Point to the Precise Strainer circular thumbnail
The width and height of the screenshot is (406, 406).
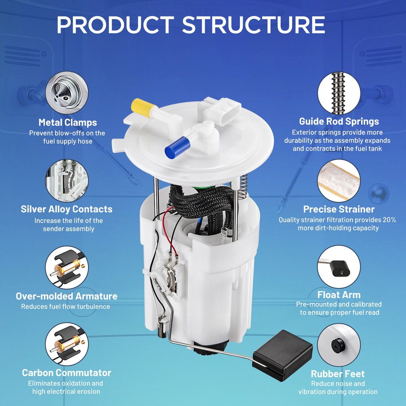339,180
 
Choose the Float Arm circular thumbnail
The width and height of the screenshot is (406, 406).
339,267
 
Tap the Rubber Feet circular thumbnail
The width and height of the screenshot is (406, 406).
339,345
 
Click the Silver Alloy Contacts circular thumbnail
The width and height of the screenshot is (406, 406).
67,180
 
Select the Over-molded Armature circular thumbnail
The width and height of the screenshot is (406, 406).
67,267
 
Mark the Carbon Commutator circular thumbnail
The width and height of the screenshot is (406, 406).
67,345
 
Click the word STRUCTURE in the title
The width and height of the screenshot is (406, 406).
253,25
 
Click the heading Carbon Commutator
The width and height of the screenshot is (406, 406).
67,373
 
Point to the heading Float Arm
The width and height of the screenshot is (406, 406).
339,294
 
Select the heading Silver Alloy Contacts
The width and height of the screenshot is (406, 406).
67,209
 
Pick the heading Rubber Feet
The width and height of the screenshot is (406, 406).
337,374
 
